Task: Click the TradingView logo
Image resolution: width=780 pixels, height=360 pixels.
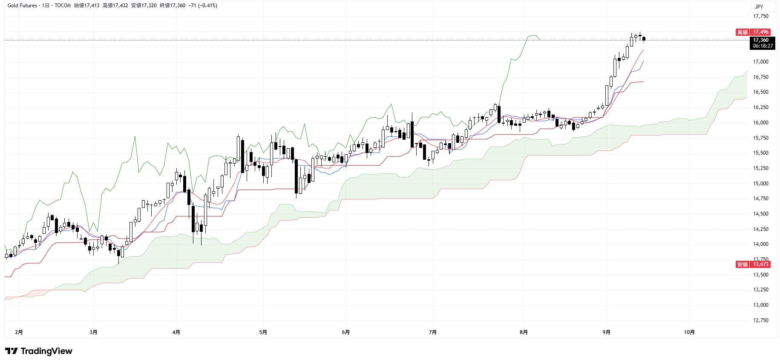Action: coord(38,351)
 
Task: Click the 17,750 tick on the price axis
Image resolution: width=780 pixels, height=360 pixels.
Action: coord(760,16)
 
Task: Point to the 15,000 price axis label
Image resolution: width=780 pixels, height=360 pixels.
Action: coord(760,184)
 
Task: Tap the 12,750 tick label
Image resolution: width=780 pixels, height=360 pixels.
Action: coord(760,320)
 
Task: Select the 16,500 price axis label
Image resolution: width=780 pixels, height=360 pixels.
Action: coord(760,92)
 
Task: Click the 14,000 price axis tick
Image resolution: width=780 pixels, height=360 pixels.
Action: coord(760,244)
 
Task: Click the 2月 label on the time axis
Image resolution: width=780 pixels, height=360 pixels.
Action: coord(19,332)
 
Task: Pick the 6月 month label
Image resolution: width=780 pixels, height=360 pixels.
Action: coord(346,332)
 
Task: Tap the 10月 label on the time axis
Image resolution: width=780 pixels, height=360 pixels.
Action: coord(689,332)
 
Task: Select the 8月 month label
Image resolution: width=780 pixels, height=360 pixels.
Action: coord(524,332)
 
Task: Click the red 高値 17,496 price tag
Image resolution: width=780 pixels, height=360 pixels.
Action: coord(753,32)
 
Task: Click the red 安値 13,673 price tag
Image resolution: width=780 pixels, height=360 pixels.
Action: coord(753,264)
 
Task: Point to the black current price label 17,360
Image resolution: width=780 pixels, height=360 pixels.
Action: coord(762,43)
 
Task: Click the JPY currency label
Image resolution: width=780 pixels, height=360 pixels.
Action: coord(759,6)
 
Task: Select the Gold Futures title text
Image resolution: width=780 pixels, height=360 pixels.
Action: coord(22,6)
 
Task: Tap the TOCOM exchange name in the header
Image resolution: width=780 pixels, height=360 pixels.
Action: coord(63,6)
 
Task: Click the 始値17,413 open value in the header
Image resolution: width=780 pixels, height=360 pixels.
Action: coord(86,6)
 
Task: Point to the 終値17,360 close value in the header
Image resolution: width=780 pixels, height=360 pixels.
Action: coord(172,6)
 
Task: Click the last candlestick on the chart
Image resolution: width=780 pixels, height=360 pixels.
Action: coord(644,39)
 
